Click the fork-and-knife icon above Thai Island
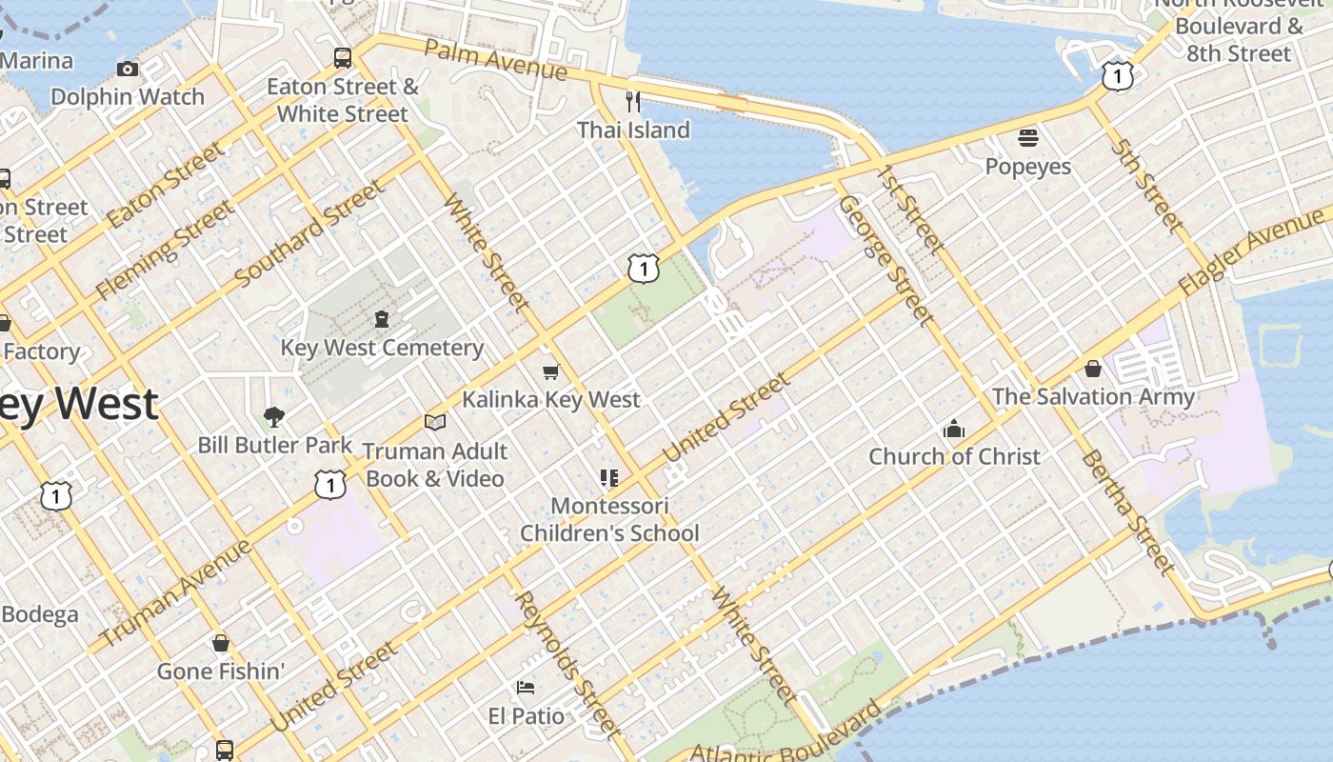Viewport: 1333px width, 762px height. pyautogui.click(x=633, y=101)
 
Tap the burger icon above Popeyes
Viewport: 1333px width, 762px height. pyautogui.click(x=1027, y=139)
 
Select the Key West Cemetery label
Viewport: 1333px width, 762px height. pyautogui.click(x=382, y=348)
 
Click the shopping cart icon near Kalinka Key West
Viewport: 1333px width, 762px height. pyautogui.click(x=550, y=371)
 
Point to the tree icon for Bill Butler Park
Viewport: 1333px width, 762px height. pyautogui.click(x=274, y=416)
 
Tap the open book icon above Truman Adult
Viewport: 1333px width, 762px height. pyautogui.click(x=435, y=422)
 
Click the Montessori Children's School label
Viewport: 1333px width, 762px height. pyautogui.click(x=609, y=520)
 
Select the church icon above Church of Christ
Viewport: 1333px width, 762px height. pyautogui.click(x=954, y=429)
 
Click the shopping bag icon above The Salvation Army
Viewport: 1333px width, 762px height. pyautogui.click(x=1093, y=369)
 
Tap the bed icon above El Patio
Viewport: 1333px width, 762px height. pyautogui.click(x=526, y=687)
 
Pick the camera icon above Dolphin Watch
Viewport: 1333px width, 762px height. pyautogui.click(x=128, y=69)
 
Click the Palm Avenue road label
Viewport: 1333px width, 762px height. pyautogui.click(x=495, y=59)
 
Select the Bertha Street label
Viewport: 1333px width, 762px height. pyautogui.click(x=1127, y=511)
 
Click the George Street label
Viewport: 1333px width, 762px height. pyautogui.click(x=883, y=258)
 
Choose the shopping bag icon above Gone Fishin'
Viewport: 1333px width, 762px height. pyautogui.click(x=221, y=644)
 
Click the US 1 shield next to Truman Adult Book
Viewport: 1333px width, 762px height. pyautogui.click(x=329, y=486)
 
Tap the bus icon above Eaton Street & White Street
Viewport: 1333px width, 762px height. pyautogui.click(x=343, y=58)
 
